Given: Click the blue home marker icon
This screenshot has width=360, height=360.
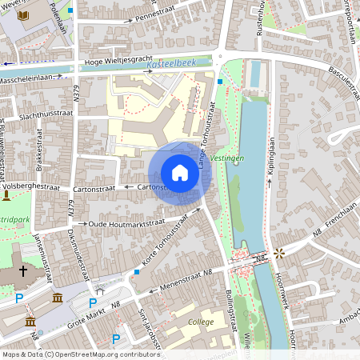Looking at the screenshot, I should click(180, 173).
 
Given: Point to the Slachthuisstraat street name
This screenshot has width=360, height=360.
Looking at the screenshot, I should click(42, 116).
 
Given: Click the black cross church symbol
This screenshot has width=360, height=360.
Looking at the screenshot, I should click(23, 271).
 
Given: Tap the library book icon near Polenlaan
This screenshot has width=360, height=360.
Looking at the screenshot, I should click(22, 15).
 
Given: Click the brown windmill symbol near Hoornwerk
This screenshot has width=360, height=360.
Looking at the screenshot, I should click(279, 254).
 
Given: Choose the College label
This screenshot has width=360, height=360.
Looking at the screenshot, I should click(201, 322).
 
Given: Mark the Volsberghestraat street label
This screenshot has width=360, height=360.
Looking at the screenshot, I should click(32, 186).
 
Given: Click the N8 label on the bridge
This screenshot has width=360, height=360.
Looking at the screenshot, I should click(261, 257).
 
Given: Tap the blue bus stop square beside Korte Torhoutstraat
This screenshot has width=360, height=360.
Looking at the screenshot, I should click(137, 273).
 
